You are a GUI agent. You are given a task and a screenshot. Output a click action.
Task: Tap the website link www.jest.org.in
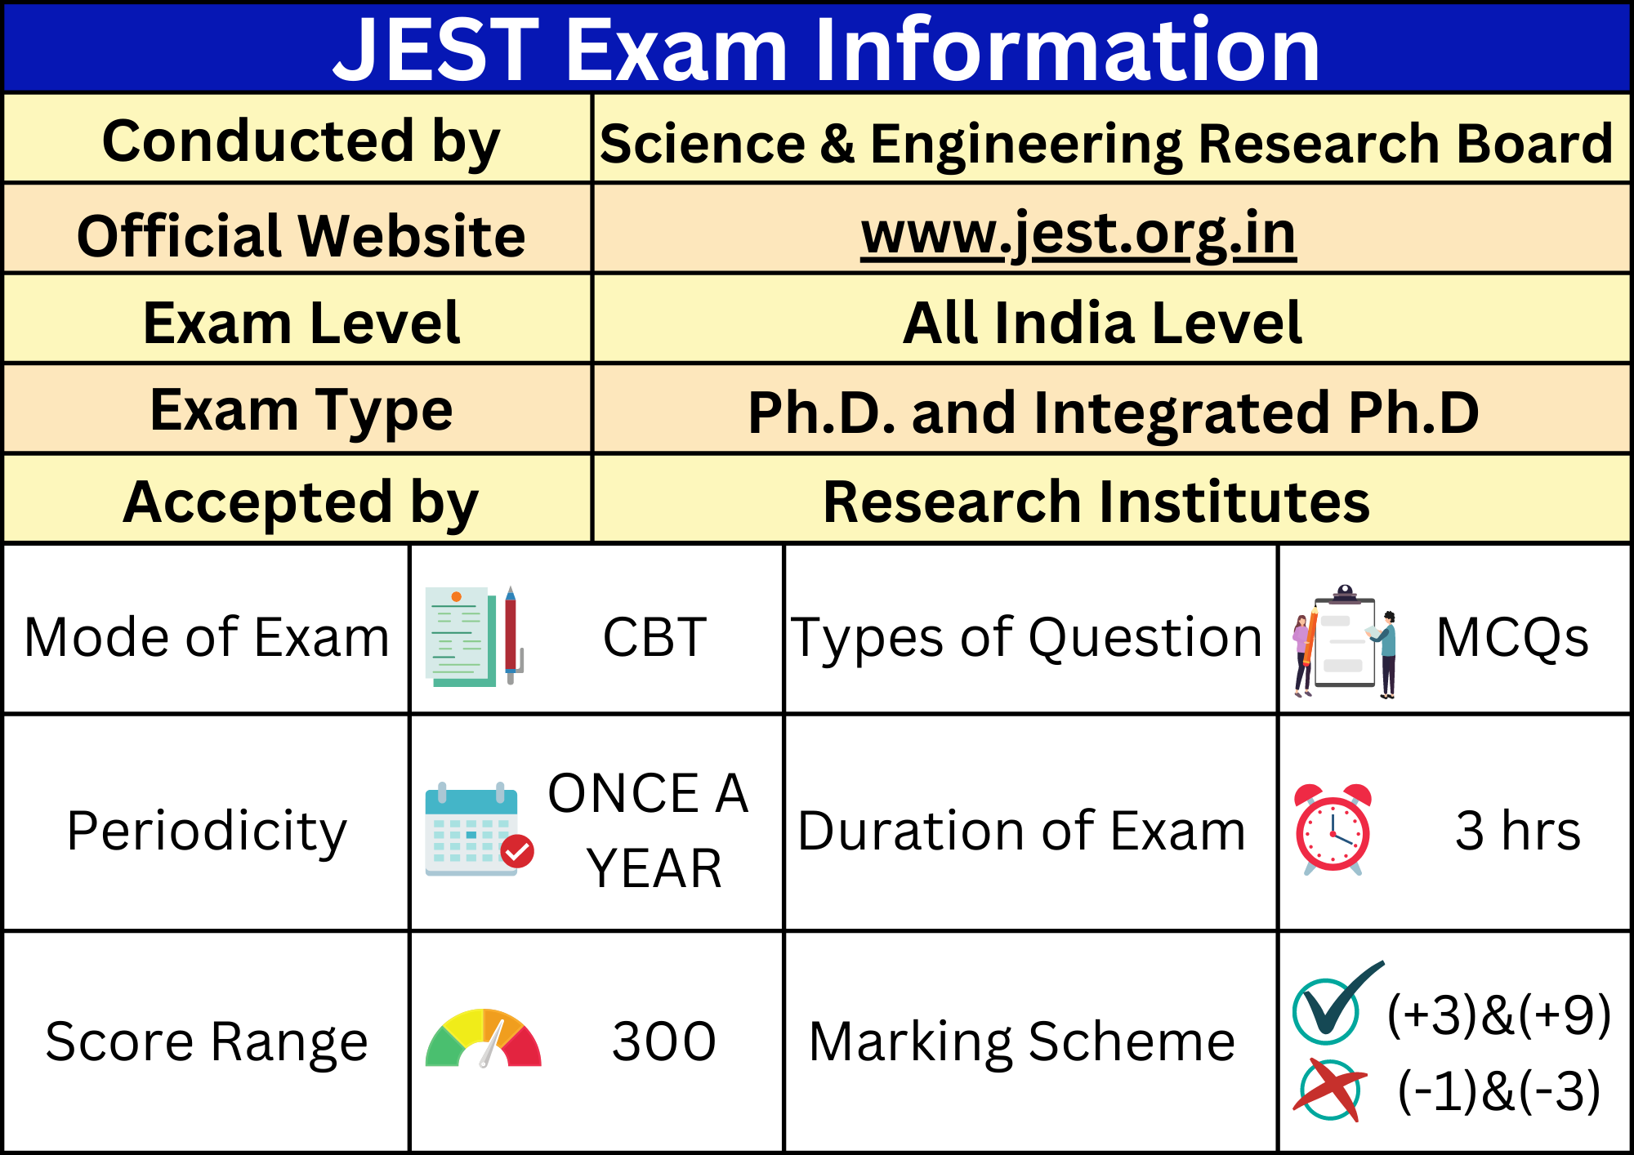(x=1078, y=234)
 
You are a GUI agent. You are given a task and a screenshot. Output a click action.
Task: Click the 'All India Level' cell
(x=1102, y=323)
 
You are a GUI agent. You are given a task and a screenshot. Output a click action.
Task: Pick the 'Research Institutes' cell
(x=1096, y=502)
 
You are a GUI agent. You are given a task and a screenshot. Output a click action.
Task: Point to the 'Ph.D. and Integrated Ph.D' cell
(x=1113, y=412)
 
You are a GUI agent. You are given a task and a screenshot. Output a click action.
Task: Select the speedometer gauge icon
(x=484, y=1038)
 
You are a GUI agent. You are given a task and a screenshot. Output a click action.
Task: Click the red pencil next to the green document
(x=511, y=635)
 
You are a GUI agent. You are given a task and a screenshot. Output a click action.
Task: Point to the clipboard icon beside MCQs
(x=1345, y=641)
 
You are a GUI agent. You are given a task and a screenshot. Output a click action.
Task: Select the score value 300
(x=663, y=1041)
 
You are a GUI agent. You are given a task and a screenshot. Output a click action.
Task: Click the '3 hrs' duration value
(x=1518, y=831)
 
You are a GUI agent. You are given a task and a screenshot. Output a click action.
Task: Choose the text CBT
(x=654, y=637)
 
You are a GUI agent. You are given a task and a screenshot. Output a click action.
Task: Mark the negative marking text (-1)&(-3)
(x=1499, y=1091)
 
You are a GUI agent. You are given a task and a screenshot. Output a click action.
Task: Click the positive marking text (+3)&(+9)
(x=1499, y=1015)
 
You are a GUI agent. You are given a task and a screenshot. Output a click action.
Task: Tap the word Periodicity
(x=207, y=832)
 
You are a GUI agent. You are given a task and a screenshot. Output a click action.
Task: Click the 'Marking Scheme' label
(x=1022, y=1042)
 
